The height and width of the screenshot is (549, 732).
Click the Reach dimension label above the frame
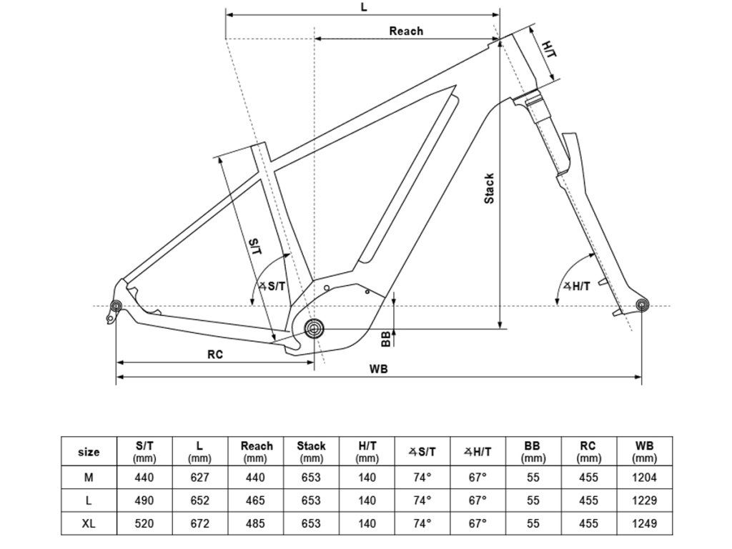pos(406,31)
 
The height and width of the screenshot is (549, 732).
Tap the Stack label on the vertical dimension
pos(489,188)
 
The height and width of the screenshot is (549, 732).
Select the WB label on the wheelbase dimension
pos(379,370)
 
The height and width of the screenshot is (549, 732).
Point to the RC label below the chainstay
pos(215,355)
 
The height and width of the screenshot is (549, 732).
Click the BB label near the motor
pos(385,340)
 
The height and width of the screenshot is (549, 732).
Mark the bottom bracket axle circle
pos(315,329)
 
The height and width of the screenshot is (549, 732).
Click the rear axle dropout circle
pos(116,306)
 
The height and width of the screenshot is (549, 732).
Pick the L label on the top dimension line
pos(364,7)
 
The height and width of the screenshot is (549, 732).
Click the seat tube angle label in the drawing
pos(272,286)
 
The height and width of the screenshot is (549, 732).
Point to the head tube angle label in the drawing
pos(577,286)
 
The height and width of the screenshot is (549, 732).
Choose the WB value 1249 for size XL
pos(644,523)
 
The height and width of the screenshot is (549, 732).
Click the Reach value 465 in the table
pos(255,500)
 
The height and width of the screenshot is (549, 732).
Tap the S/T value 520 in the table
pos(144,523)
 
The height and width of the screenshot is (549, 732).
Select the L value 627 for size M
pos(199,478)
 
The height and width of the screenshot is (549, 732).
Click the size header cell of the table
pos(89,452)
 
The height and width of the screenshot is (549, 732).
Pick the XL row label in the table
pos(89,523)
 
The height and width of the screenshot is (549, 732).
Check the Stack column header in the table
pos(311,452)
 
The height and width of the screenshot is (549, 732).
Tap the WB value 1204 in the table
pos(644,478)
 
